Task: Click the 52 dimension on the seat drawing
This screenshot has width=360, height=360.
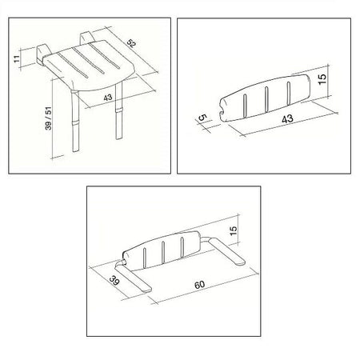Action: (x=131, y=43)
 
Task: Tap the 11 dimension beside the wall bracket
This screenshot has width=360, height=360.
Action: (x=17, y=59)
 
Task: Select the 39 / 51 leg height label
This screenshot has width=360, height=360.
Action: (x=48, y=118)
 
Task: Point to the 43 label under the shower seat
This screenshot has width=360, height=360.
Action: (x=108, y=98)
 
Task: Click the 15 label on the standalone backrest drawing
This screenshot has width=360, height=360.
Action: (x=322, y=79)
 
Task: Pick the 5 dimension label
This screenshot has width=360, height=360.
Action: (x=203, y=118)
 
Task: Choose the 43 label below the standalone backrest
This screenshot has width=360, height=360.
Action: (x=287, y=118)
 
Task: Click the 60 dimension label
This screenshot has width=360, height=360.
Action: (x=199, y=285)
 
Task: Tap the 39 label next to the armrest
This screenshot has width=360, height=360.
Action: (x=114, y=281)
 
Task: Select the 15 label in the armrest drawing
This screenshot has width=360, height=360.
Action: (x=233, y=230)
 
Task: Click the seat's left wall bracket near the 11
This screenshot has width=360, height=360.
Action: (x=42, y=54)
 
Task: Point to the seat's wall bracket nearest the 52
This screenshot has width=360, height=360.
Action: (x=87, y=38)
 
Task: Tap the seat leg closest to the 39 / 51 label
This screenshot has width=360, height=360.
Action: (x=75, y=122)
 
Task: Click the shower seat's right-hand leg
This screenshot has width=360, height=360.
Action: (x=119, y=110)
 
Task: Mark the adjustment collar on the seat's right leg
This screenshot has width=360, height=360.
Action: (x=118, y=110)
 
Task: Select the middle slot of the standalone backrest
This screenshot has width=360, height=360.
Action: (x=266, y=98)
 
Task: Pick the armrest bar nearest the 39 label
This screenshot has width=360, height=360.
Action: (x=133, y=278)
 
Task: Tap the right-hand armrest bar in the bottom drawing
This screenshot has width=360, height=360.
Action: (x=226, y=251)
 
